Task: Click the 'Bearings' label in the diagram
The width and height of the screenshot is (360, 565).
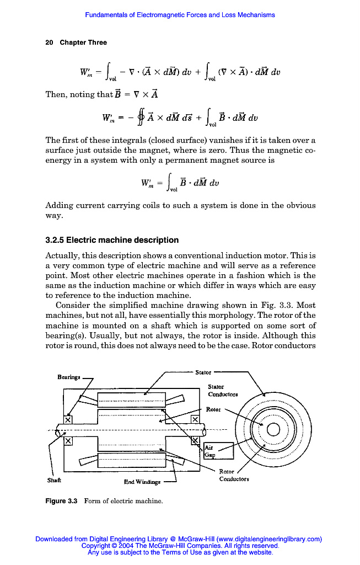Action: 69,377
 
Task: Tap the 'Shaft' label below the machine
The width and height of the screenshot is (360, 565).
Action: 55,480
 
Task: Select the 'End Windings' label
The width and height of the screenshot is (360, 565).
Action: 142,482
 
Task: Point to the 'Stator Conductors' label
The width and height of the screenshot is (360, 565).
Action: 223,391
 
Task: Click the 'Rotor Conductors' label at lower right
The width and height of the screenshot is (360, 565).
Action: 234,475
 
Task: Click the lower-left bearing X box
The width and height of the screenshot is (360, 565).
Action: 68,441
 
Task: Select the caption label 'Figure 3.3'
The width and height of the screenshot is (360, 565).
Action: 61,501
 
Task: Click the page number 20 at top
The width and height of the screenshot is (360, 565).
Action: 49,42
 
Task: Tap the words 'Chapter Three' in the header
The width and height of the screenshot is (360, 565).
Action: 83,42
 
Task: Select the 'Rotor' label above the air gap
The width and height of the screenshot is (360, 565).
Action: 213,409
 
